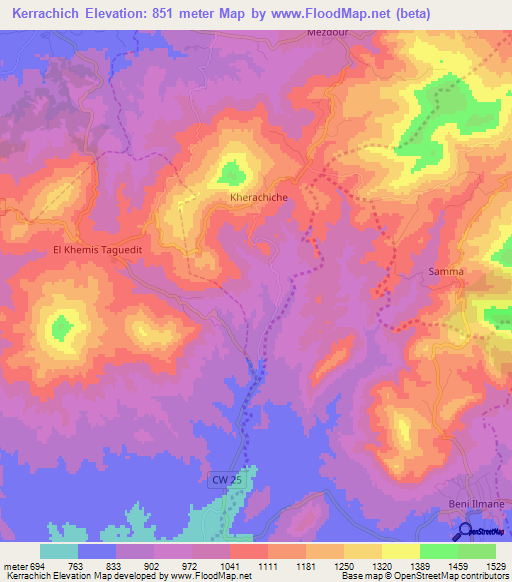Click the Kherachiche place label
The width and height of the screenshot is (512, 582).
pyautogui.click(x=259, y=198)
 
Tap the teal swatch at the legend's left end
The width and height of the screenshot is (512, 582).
pyautogui.click(x=58, y=551)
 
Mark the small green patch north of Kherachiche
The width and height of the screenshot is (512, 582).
pyautogui.click(x=231, y=172)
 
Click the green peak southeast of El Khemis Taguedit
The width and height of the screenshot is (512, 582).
pyautogui.click(x=63, y=325)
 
